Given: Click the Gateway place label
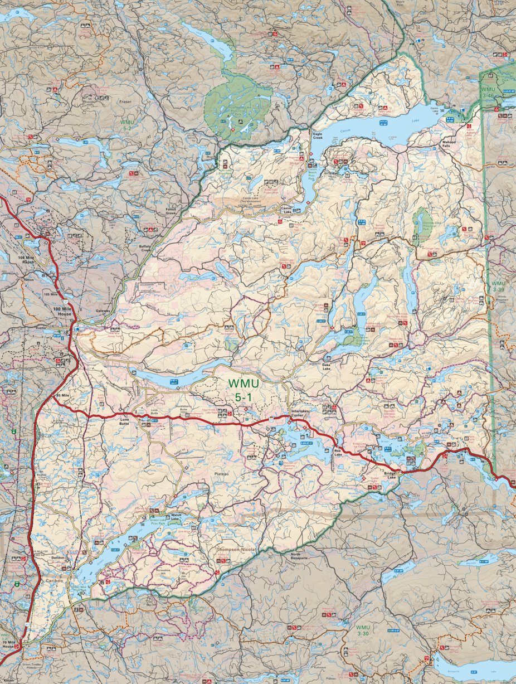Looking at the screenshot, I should pos(104,311).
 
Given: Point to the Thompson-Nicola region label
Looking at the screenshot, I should pos(236,550).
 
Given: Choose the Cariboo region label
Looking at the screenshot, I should pos(55,580).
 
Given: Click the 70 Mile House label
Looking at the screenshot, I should pos(8,644).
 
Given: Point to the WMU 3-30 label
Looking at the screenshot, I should pos(363,630).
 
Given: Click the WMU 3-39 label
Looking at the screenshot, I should pos(498,286).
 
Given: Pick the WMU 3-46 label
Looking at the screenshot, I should pos(488,92).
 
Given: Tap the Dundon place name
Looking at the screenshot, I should pos(58,557).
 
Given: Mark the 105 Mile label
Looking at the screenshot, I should pos(51,294).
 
